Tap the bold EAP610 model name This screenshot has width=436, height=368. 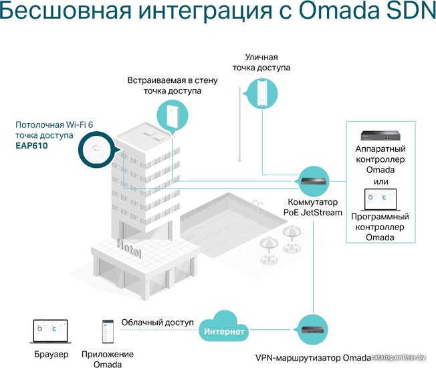pyautogui.click(x=31, y=145)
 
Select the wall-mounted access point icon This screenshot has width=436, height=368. pyautogui.click(x=173, y=116)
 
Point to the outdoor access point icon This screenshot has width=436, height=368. pyautogui.click(x=262, y=93)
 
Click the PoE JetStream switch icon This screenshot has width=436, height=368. pyautogui.click(x=314, y=181)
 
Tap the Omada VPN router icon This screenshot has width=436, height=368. pyautogui.click(x=313, y=330)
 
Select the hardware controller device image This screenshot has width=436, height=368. pyautogui.click(x=380, y=135)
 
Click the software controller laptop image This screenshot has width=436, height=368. pyautogui.click(x=380, y=199)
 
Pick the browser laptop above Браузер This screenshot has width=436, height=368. pyautogui.click(x=51, y=331)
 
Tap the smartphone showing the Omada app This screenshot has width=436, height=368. pyautogui.click(x=108, y=331)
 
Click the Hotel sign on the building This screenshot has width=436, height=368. pyautogui.click(x=129, y=248)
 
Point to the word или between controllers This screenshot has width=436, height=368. pyautogui.click(x=380, y=182)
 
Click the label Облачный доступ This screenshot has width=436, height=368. pyautogui.click(x=157, y=323)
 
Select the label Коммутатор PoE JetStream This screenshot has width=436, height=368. pyautogui.click(x=313, y=207)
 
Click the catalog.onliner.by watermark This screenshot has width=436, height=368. pyautogui.click(x=399, y=358)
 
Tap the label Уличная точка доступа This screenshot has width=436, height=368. pyautogui.click(x=261, y=62)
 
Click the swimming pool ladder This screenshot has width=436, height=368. pyautogui.click(x=257, y=206)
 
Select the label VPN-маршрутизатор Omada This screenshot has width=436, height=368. pyautogui.click(x=313, y=358)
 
